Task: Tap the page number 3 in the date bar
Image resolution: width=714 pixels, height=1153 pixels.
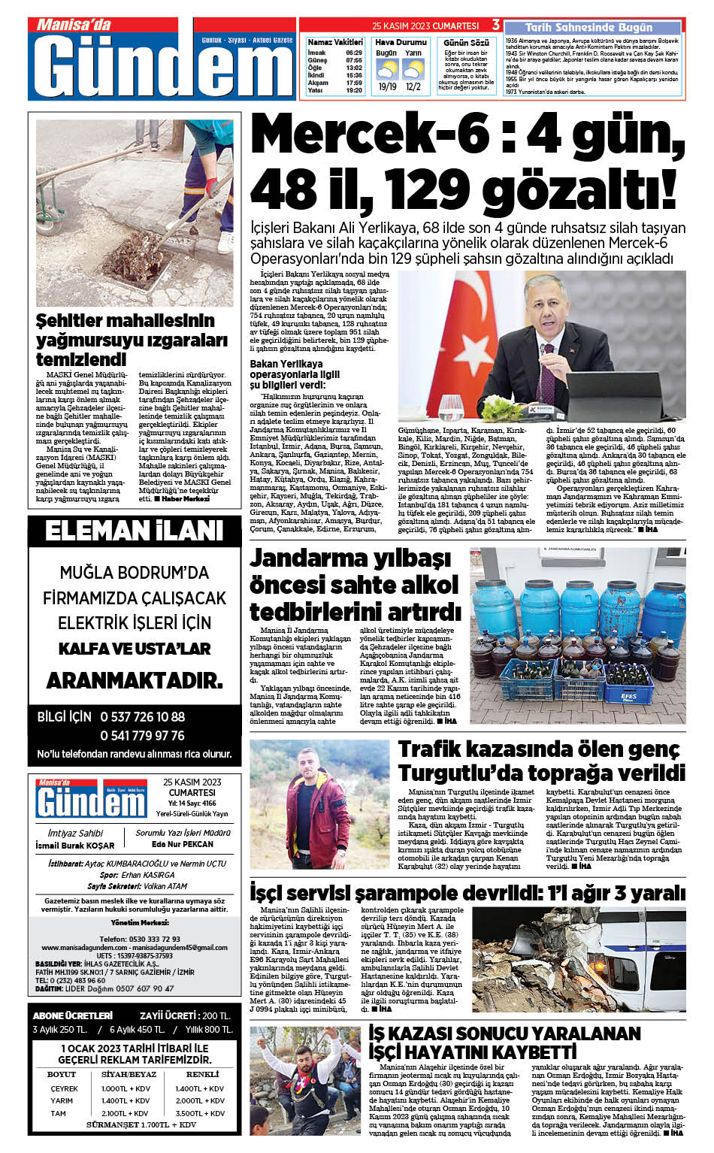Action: click(x=496, y=26)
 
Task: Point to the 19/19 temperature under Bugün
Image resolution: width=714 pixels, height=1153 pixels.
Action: click(x=387, y=87)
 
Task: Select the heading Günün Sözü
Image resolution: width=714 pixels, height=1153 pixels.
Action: click(x=466, y=43)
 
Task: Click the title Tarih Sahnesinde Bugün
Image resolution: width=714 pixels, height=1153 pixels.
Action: click(x=588, y=27)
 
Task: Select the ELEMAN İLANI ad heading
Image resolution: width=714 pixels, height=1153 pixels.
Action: click(x=134, y=531)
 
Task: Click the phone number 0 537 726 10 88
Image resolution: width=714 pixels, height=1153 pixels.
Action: click(x=142, y=717)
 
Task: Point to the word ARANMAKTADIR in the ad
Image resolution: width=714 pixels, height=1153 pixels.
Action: click(x=135, y=681)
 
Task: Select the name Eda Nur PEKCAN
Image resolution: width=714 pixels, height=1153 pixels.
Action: click(x=183, y=844)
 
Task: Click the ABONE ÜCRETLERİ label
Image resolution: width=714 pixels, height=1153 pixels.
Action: click(x=73, y=1015)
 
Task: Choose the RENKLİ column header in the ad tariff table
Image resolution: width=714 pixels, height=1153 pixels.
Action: click(x=202, y=1075)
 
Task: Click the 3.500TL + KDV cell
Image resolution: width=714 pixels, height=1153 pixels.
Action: click(x=200, y=1112)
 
